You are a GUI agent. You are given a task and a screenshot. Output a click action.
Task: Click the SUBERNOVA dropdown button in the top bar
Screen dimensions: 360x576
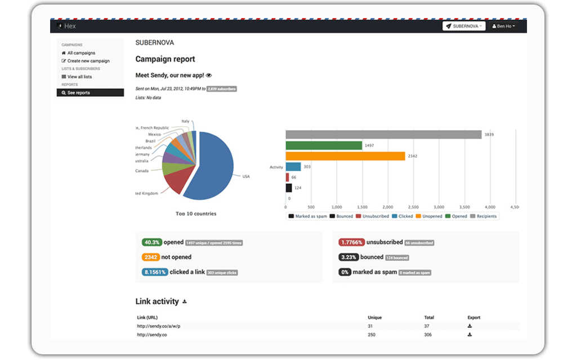pyautogui.click(x=464, y=26)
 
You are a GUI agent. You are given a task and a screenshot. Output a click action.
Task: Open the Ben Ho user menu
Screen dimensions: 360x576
pyautogui.click(x=503, y=26)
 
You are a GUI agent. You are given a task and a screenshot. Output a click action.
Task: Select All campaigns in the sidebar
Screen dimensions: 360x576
pyautogui.click(x=81, y=53)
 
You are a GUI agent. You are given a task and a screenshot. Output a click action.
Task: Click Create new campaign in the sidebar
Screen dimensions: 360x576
pyautogui.click(x=88, y=61)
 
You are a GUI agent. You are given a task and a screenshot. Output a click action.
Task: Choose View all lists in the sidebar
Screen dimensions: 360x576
pyautogui.click(x=79, y=77)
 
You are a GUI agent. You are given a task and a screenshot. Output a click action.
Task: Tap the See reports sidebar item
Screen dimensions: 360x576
pyautogui.click(x=78, y=92)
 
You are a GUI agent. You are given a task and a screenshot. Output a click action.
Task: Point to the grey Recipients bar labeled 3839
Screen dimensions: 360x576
pyautogui.click(x=383, y=135)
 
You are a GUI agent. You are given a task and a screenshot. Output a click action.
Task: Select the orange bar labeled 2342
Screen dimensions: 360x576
pyautogui.click(x=345, y=156)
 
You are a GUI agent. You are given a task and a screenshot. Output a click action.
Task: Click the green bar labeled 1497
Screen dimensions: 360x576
pyautogui.click(x=323, y=145)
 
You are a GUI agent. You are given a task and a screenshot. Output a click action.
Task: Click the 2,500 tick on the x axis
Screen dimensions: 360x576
pyautogui.click(x=413, y=207)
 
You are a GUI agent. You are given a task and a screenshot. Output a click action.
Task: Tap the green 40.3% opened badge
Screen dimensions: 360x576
pyautogui.click(x=152, y=242)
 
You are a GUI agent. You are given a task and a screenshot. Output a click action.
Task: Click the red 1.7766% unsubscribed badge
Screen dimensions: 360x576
pyautogui.click(x=351, y=242)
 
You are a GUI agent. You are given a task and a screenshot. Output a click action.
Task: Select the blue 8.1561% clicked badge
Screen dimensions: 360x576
pyautogui.click(x=154, y=272)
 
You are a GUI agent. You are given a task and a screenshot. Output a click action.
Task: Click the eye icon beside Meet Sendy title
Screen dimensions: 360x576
pyautogui.click(x=209, y=75)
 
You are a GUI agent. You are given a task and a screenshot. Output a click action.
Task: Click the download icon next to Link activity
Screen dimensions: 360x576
pyautogui.click(x=185, y=302)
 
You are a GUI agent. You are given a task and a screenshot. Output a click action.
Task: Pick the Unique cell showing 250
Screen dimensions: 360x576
pyautogui.click(x=372, y=335)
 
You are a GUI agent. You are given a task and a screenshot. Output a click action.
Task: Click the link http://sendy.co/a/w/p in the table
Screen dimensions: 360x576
pyautogui.click(x=159, y=326)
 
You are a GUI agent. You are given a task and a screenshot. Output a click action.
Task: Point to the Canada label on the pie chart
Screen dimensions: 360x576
pyautogui.click(x=141, y=171)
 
